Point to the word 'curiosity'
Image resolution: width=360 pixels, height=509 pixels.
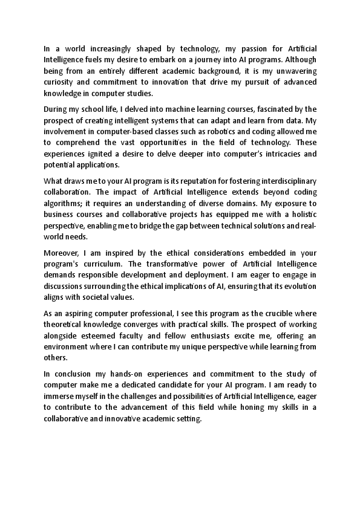click(x=59, y=83)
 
